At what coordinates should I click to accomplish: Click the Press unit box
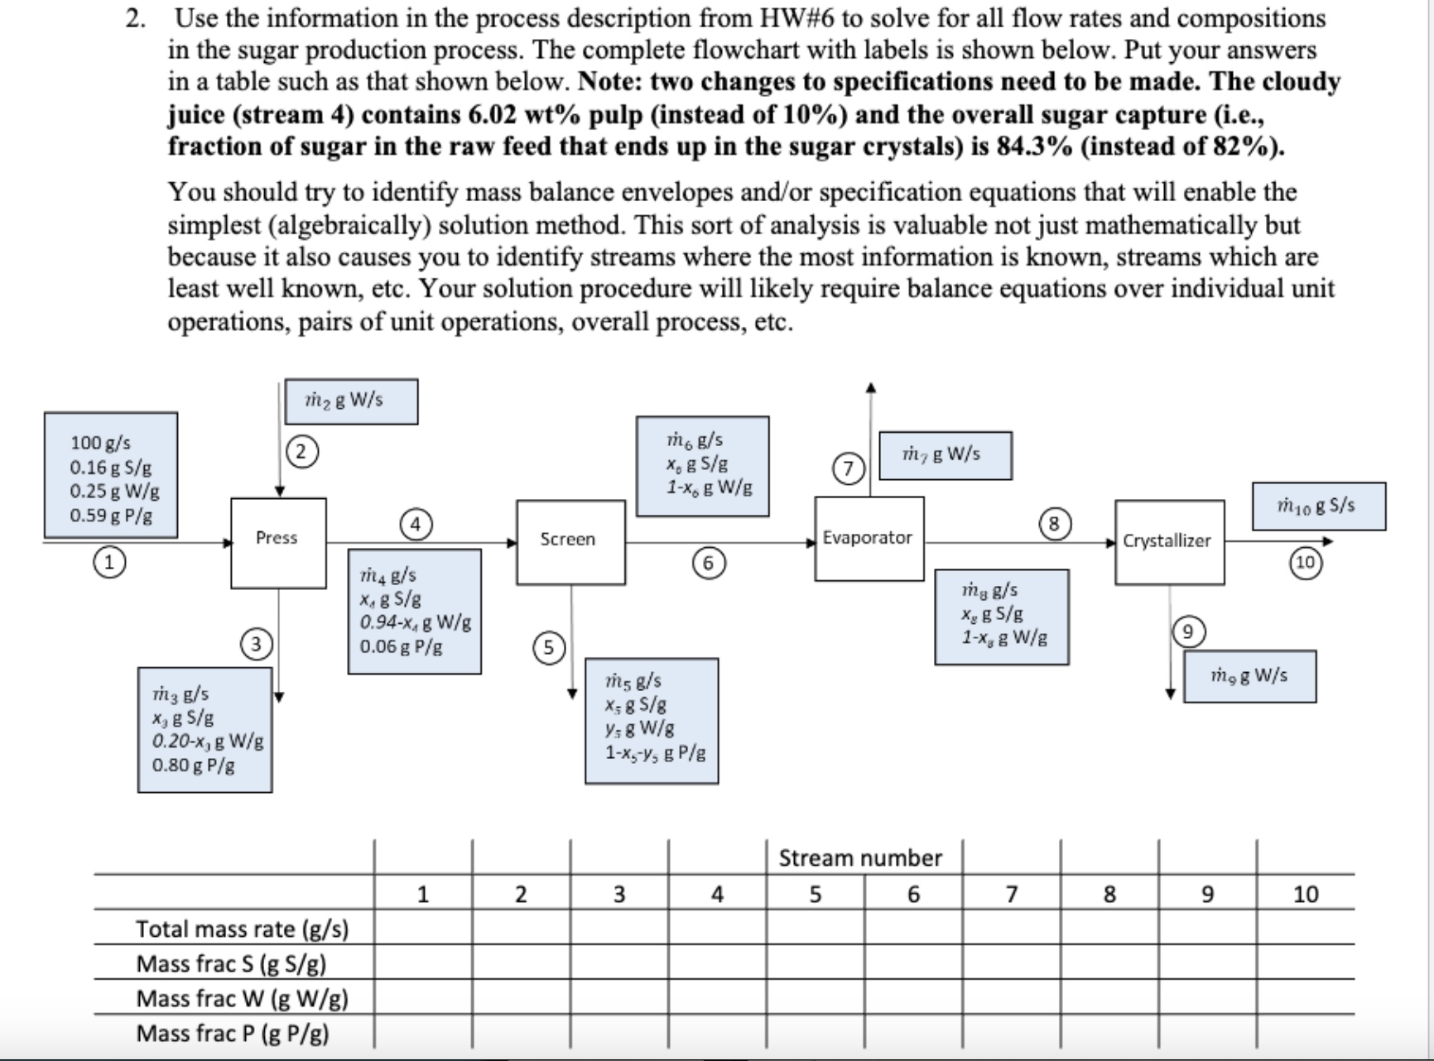click(x=278, y=543)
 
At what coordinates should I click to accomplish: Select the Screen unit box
click(x=570, y=541)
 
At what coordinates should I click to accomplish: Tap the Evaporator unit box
click(x=869, y=538)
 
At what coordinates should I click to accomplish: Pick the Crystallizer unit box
click(x=1168, y=541)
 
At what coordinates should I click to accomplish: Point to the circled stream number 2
click(x=301, y=452)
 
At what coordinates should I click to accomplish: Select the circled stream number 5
click(x=548, y=647)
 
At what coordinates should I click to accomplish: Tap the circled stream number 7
click(x=849, y=468)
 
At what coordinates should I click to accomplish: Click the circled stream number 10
click(x=1305, y=563)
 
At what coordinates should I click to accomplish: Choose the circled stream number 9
click(x=1187, y=632)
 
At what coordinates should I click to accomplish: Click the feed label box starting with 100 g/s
click(x=111, y=475)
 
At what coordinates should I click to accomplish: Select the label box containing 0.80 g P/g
click(x=205, y=730)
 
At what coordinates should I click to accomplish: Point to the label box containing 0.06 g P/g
click(x=414, y=611)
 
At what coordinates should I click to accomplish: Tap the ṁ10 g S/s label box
click(x=1318, y=506)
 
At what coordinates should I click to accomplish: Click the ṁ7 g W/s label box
click(x=945, y=454)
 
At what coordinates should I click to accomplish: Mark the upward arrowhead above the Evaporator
click(x=870, y=387)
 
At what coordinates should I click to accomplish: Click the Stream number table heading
click(x=859, y=858)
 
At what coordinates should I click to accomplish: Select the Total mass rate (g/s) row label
click(x=242, y=929)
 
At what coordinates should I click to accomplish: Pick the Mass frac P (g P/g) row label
click(x=233, y=1033)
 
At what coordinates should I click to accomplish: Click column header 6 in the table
click(x=913, y=894)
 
